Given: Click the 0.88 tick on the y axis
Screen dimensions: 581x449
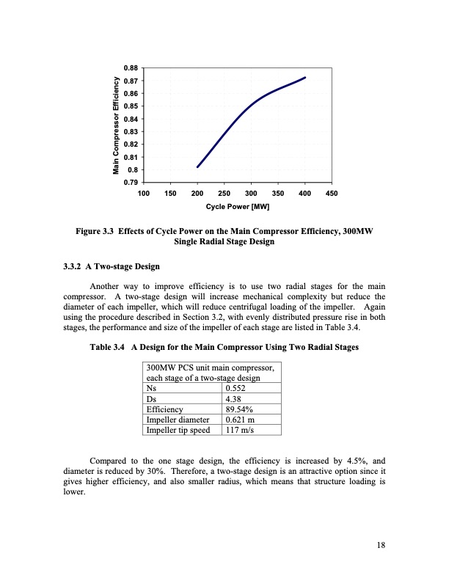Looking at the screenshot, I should coord(132,68).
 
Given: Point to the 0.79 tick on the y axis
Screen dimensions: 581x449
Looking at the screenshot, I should coord(132,182).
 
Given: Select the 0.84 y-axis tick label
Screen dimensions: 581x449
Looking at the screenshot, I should coord(132,119).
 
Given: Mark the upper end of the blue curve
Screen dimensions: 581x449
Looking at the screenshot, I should coord(305,77).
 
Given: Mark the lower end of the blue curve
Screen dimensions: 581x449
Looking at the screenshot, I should coord(197,167).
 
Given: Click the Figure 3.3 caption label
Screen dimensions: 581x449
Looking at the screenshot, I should coord(99,232).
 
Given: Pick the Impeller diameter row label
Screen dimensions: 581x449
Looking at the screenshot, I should coord(179,420).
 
